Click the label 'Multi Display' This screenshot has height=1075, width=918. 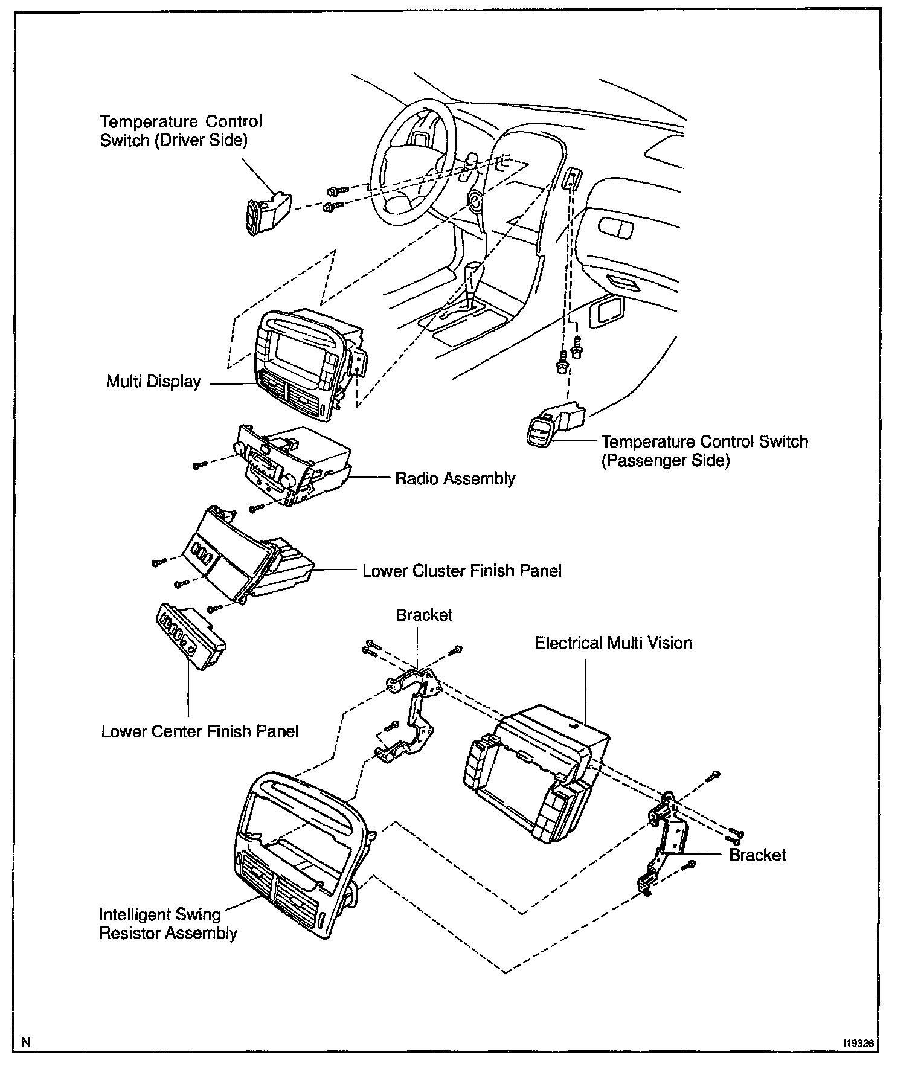click(153, 382)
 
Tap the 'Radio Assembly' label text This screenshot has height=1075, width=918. click(455, 478)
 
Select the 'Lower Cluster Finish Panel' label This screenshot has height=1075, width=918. click(462, 571)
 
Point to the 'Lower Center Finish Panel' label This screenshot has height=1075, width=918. click(200, 731)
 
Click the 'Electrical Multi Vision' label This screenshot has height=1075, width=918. click(614, 643)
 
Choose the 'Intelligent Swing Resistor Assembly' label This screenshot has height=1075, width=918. click(168, 923)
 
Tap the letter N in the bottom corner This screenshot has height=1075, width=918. click(25, 1042)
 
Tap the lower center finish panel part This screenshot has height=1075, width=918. click(191, 637)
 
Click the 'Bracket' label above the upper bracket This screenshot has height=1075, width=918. click(424, 615)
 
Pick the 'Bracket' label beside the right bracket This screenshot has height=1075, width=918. click(757, 855)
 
